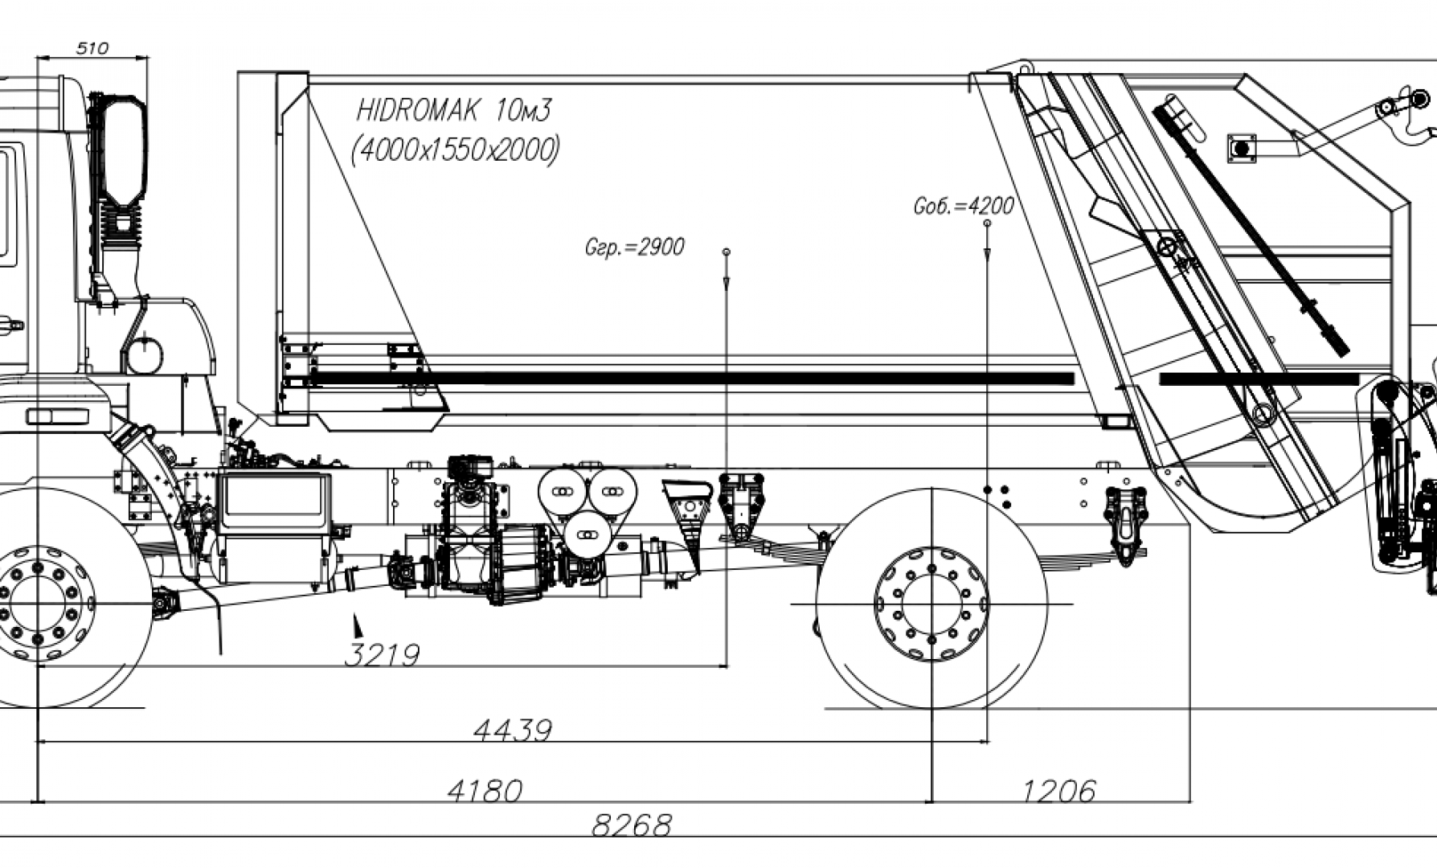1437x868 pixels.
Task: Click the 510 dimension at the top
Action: (x=92, y=48)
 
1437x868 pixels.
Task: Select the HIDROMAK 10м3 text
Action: (x=454, y=110)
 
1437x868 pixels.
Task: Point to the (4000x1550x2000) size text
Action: (x=456, y=149)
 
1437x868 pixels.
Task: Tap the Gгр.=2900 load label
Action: (x=635, y=247)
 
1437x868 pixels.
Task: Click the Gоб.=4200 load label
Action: (x=964, y=206)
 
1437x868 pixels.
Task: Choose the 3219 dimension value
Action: (x=382, y=656)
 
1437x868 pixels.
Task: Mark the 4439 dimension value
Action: (x=513, y=731)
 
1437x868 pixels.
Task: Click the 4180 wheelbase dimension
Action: (x=485, y=792)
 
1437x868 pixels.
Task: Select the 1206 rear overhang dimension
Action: (x=1059, y=792)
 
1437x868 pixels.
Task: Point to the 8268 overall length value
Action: (x=632, y=825)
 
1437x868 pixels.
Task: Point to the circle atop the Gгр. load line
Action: (x=727, y=252)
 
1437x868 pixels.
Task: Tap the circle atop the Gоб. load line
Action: (x=987, y=223)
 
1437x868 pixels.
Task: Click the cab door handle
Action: (x=10, y=325)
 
